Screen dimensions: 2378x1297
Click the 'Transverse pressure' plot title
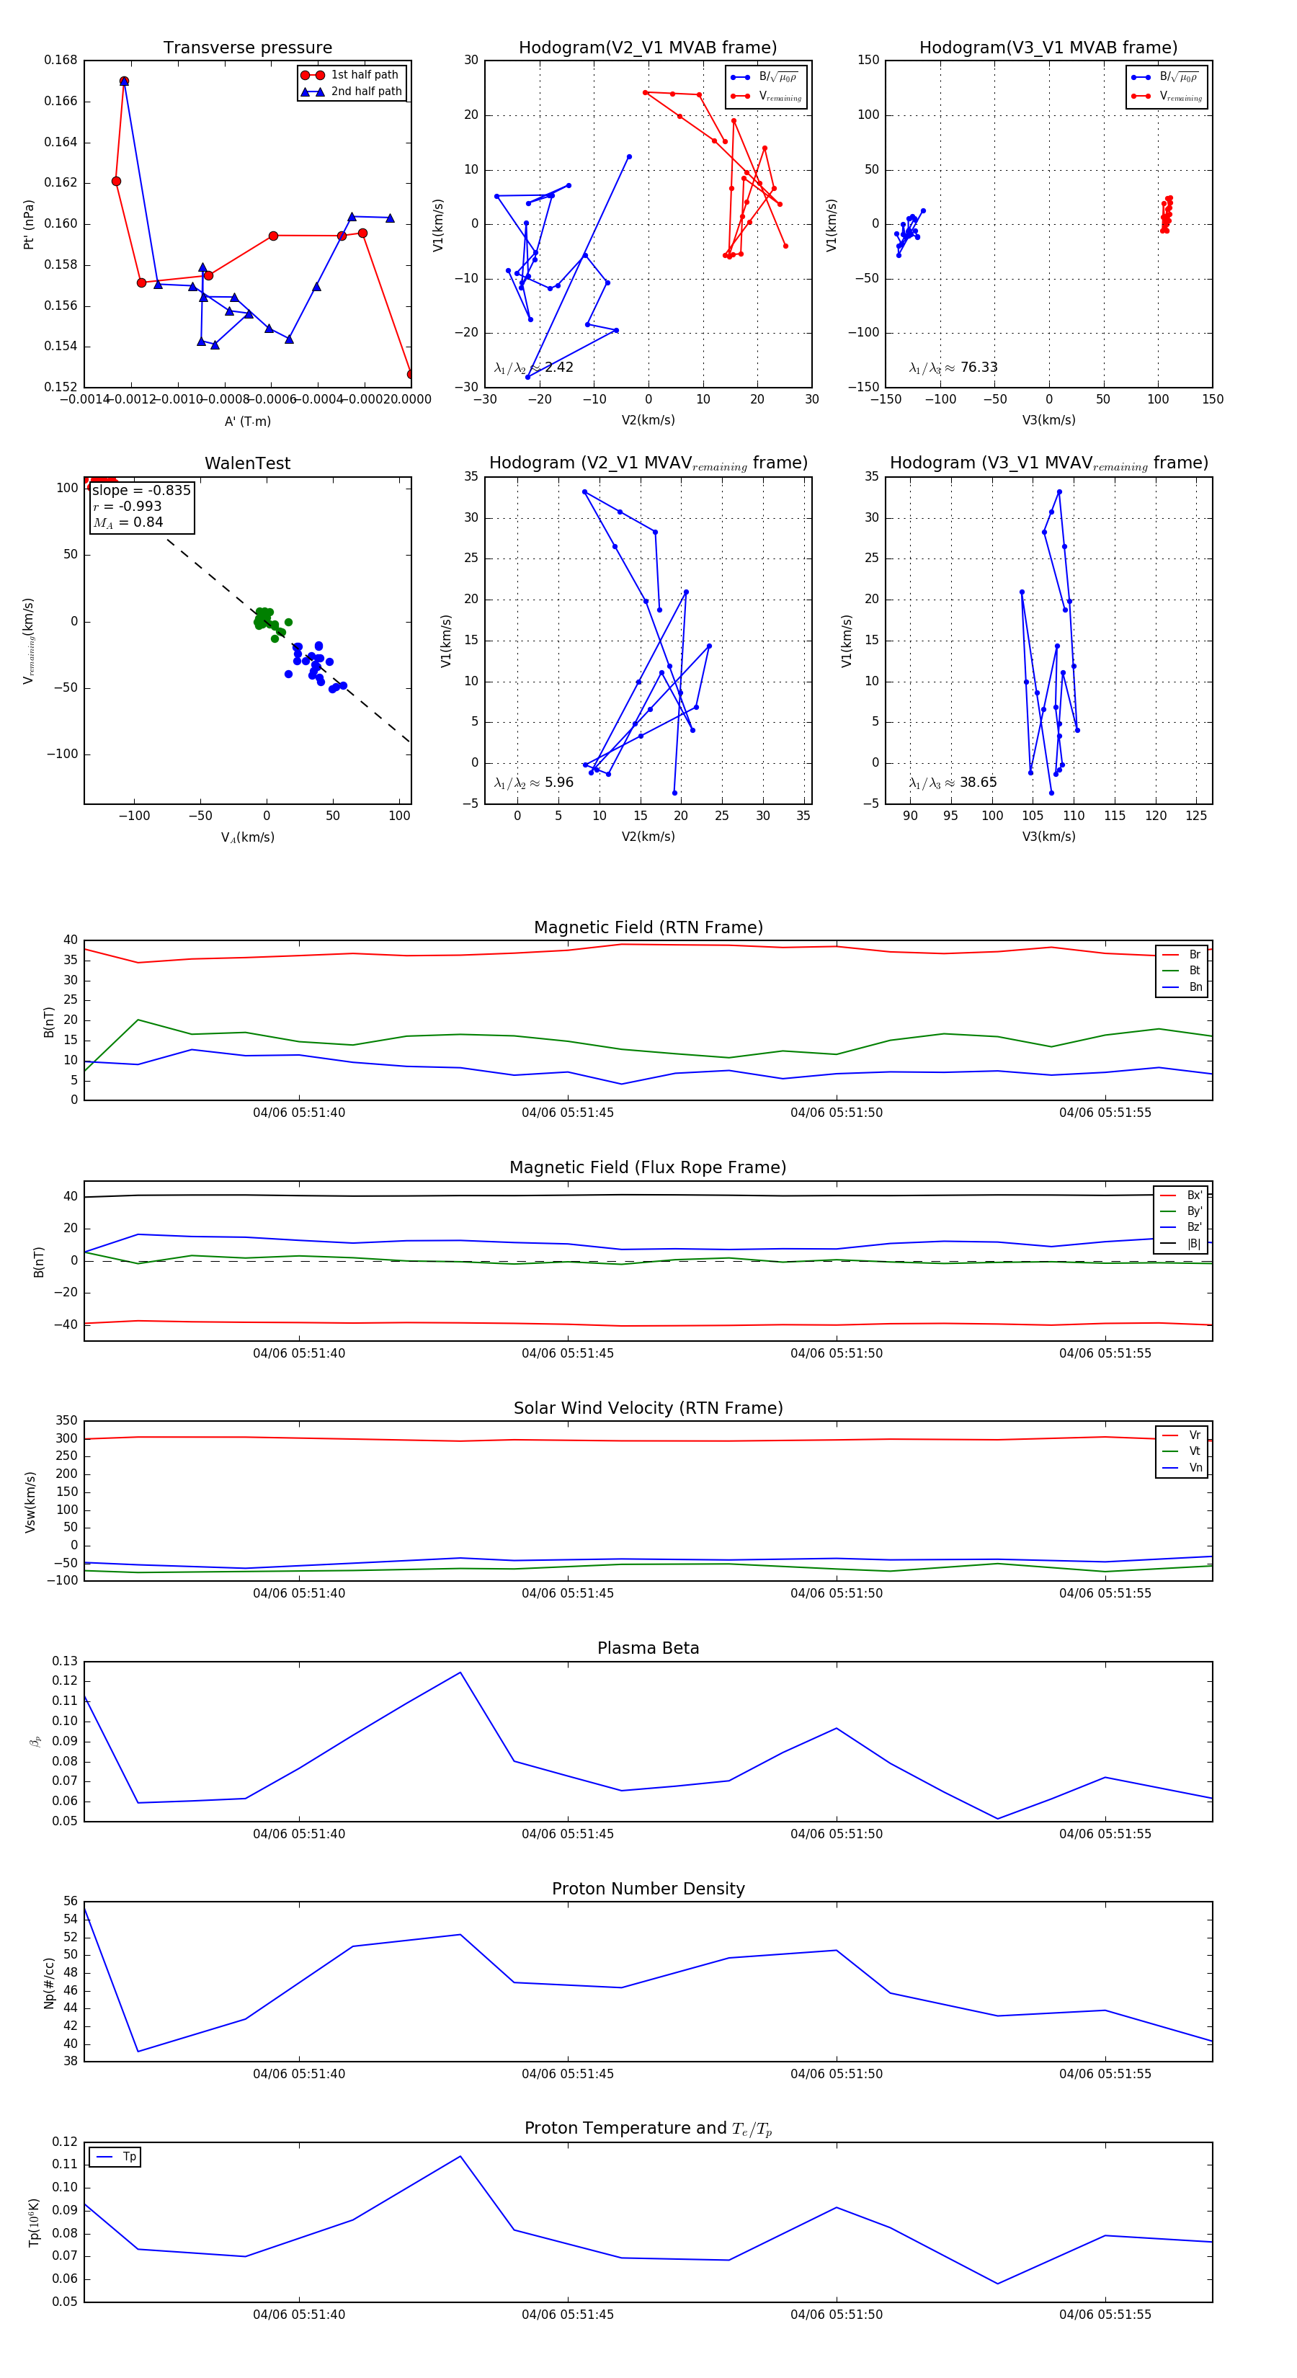247,48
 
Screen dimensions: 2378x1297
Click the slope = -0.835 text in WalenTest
141,490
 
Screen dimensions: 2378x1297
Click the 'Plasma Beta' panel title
648,1648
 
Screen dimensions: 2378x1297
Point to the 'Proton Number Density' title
648,1888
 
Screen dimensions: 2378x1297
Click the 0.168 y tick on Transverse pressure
61,60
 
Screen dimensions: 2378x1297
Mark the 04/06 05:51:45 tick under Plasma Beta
567,1833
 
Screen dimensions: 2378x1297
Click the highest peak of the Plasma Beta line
460,1673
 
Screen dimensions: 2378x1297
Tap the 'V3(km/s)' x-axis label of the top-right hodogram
1048,420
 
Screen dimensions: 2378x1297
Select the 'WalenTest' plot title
247,463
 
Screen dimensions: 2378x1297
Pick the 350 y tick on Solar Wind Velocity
66,1421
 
